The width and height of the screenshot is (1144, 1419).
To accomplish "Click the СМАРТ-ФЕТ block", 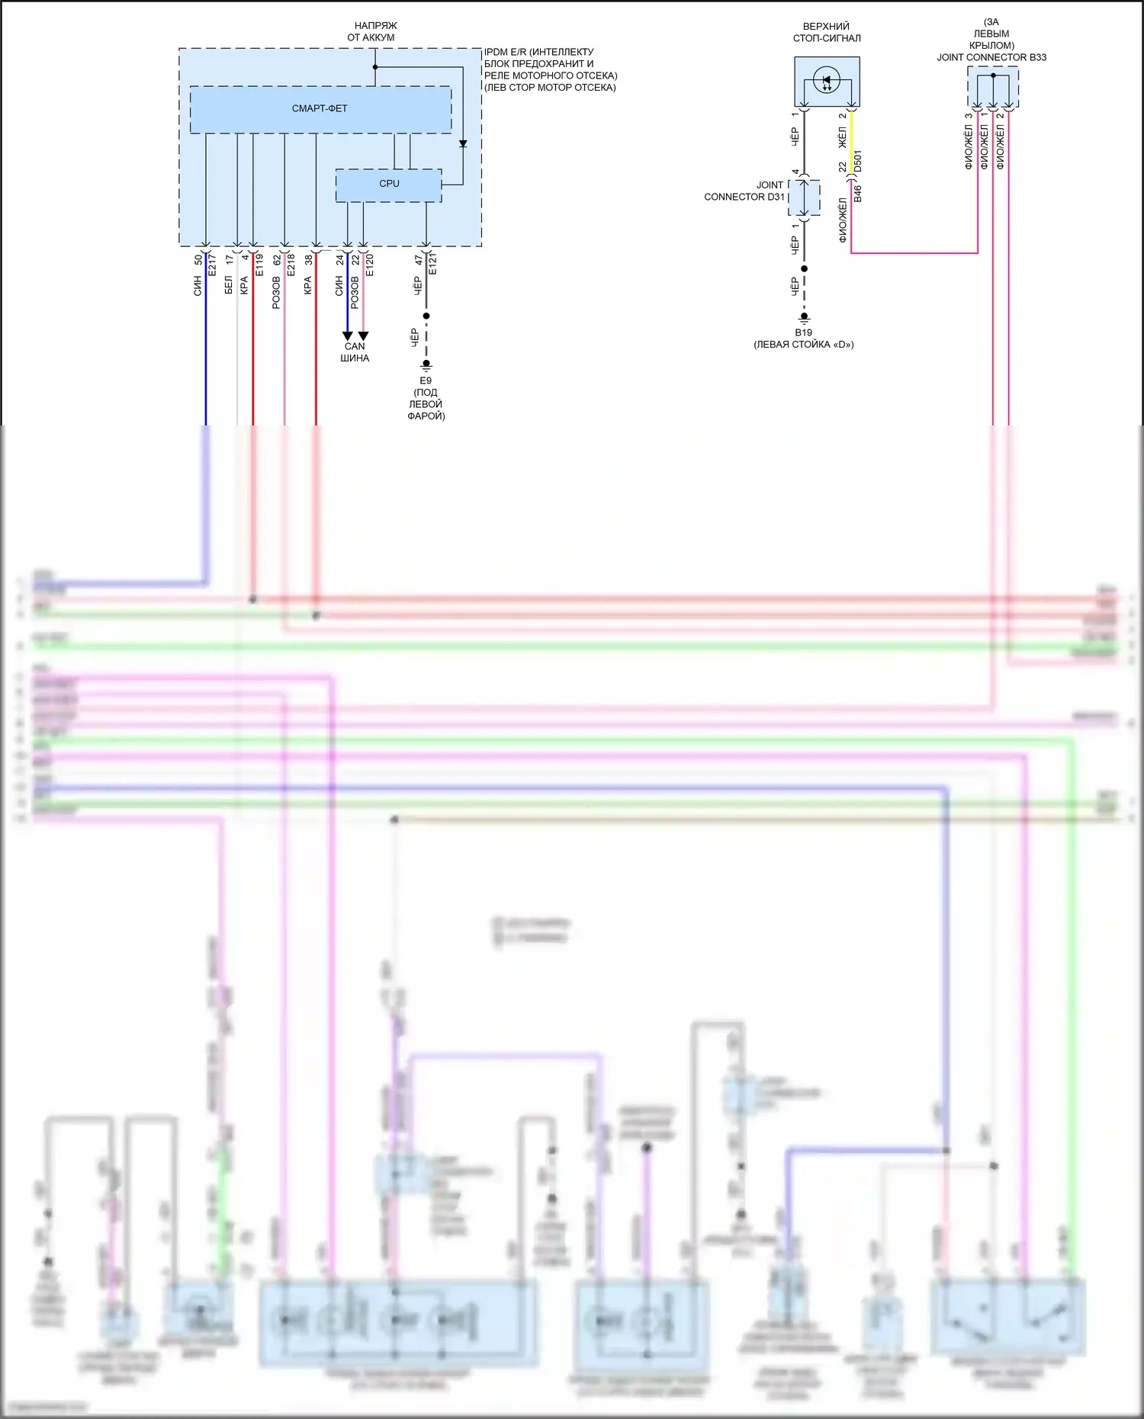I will tap(320, 109).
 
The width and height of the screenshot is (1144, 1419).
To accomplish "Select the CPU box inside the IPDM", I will tap(389, 184).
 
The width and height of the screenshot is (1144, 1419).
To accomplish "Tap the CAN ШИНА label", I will tap(355, 352).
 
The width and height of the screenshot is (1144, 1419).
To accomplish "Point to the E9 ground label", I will tap(426, 380).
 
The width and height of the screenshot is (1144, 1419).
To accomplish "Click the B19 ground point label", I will tap(803, 332).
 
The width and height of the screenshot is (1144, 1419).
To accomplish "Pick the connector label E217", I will tap(213, 265).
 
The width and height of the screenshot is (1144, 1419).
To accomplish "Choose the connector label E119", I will tap(259, 265).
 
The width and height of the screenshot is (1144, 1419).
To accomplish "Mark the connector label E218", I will tap(291, 265).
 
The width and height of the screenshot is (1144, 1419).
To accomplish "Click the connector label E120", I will tap(370, 265).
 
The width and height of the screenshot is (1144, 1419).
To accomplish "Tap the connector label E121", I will tap(432, 265).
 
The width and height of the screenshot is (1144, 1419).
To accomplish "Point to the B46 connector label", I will tap(857, 193).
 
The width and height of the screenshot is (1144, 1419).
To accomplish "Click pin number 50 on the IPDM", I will tap(198, 259).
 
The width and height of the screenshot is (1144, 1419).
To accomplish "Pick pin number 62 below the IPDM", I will tap(277, 259).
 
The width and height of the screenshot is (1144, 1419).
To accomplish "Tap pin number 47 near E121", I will tap(418, 260).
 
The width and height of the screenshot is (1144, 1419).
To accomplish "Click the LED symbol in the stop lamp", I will tap(827, 79).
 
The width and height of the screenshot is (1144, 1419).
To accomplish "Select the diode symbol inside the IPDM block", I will tap(462, 143).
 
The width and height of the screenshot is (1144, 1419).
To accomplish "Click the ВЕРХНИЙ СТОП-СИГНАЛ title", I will tap(827, 32).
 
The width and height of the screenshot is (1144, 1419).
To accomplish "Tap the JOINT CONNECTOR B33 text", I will tap(991, 57).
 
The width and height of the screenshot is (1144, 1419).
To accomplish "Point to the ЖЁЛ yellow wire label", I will tap(843, 138).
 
